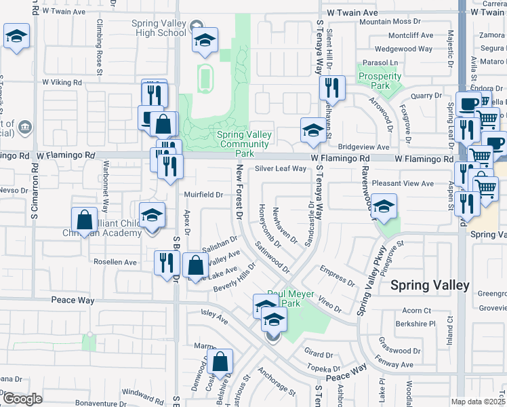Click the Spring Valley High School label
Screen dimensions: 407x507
coord(159,28)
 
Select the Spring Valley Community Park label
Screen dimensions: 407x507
coord(244,139)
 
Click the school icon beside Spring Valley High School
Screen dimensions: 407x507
coord(204,41)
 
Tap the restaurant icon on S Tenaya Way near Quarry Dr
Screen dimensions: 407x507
coord(331,88)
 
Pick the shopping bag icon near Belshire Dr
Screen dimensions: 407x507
coord(220,363)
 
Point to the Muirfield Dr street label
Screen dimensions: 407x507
coord(204,195)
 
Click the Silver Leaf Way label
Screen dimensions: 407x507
coord(281,169)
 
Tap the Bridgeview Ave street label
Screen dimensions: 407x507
coord(363,147)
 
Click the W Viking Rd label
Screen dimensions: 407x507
coord(62,82)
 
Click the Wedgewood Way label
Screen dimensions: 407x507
coord(404,49)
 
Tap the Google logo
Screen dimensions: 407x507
coord(22,399)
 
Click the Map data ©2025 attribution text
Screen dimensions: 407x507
coord(479,402)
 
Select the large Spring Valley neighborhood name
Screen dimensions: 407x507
coord(430,286)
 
